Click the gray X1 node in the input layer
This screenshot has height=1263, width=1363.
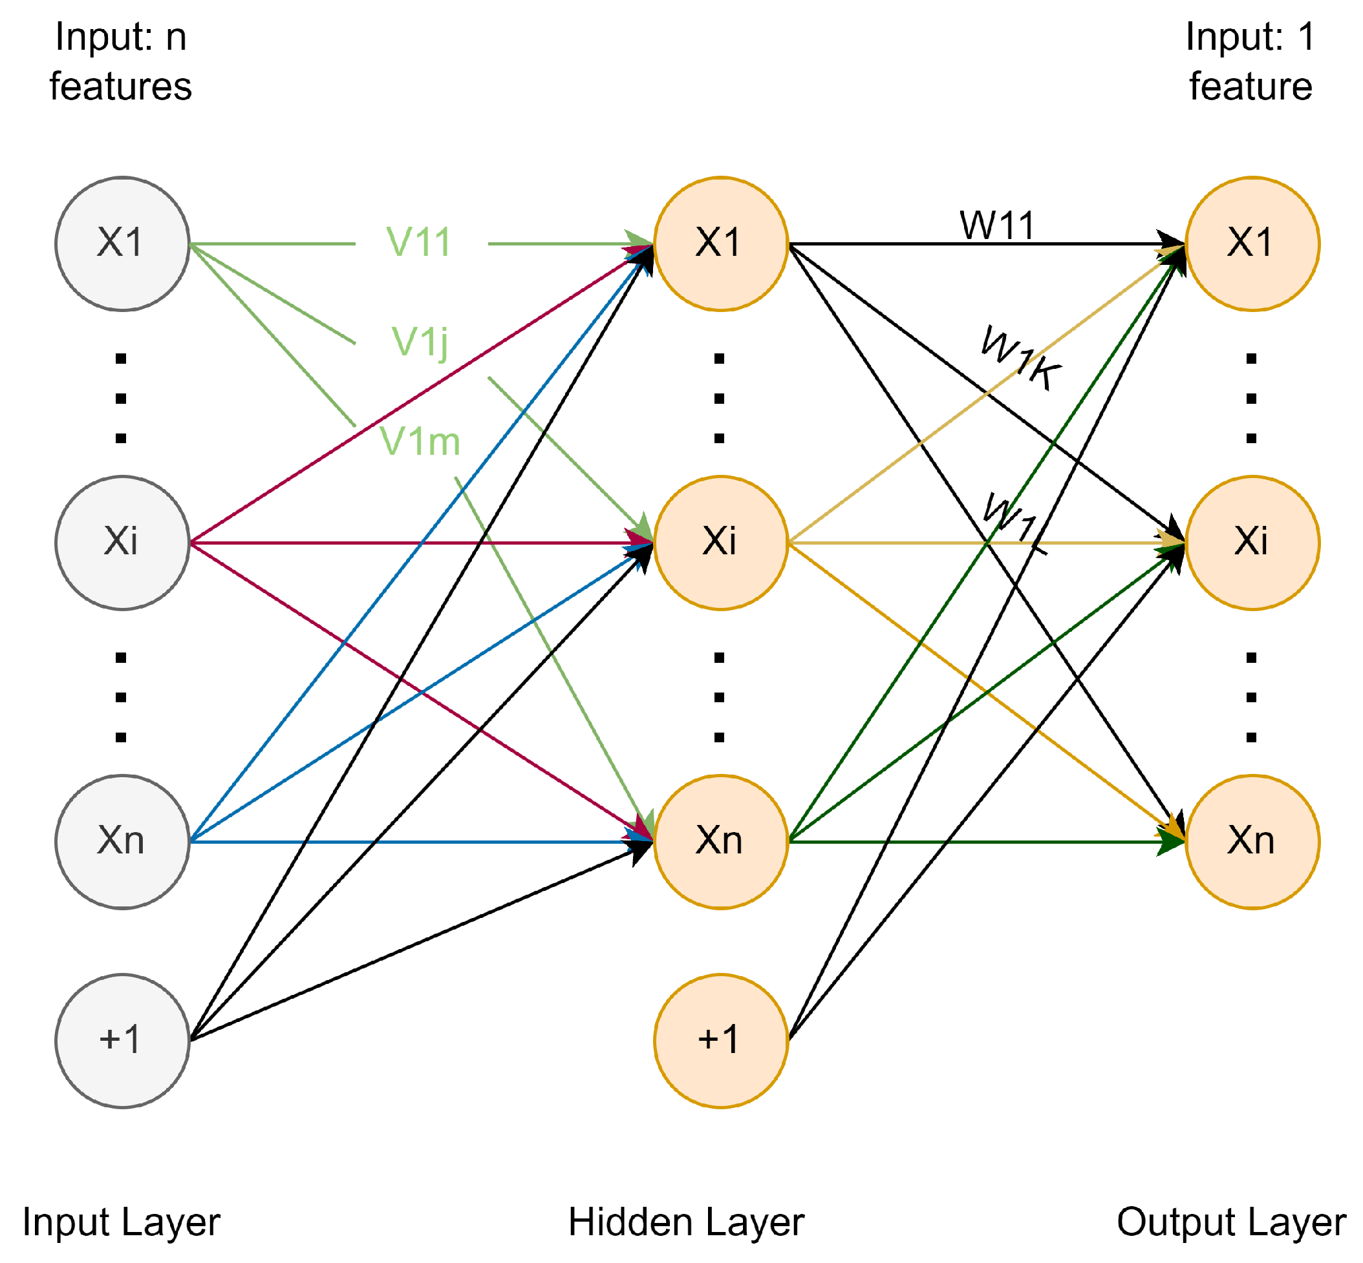tap(122, 244)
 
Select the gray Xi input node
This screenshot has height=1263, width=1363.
tap(122, 543)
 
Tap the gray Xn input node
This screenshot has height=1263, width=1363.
tap(122, 841)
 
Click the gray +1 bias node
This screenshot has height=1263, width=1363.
tap(122, 1040)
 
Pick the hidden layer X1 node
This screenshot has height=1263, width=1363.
tap(720, 244)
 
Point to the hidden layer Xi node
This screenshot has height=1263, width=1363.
tap(720, 543)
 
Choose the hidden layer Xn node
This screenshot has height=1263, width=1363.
tap(720, 841)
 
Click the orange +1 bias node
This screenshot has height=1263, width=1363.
tap(720, 1040)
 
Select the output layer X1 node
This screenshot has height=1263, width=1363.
tap(1252, 244)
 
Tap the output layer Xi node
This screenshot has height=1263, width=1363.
tap(1252, 543)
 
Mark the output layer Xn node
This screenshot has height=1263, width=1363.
tap(1252, 841)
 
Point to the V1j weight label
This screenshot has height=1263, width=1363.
tap(420, 342)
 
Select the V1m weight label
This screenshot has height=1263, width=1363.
tap(419, 441)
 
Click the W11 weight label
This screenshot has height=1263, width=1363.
tap(996, 225)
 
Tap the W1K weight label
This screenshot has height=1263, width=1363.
tap(1020, 358)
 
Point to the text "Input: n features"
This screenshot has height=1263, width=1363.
tap(120, 61)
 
